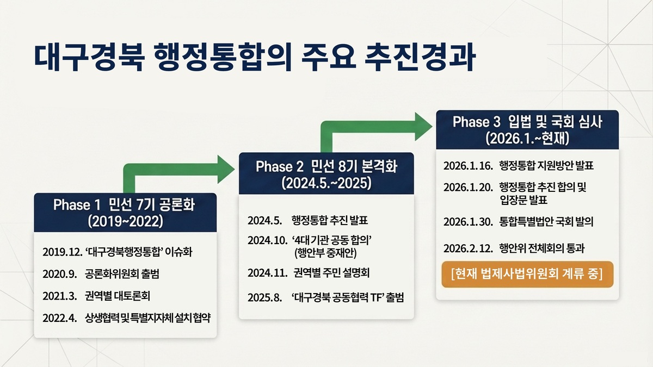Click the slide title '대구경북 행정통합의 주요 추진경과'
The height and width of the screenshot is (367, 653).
click(x=255, y=58)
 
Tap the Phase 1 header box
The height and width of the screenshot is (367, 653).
click(x=125, y=213)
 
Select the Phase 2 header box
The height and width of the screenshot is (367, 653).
click(x=326, y=173)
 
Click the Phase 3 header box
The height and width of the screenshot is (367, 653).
click(x=527, y=130)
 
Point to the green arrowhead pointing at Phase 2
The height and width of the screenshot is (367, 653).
click(x=226, y=169)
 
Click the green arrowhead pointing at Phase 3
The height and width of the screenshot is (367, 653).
click(x=423, y=127)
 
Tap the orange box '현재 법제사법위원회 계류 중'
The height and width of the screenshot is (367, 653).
click(x=527, y=275)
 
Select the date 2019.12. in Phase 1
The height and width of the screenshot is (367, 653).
click(x=63, y=252)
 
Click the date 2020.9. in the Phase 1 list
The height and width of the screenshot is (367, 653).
click(x=60, y=274)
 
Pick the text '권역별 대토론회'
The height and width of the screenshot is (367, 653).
click(x=118, y=296)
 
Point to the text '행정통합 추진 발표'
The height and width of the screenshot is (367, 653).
click(x=330, y=220)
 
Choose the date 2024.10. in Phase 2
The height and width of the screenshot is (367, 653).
click(x=268, y=240)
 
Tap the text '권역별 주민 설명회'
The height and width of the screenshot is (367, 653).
click(x=332, y=273)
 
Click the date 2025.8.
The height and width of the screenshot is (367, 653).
click(x=265, y=298)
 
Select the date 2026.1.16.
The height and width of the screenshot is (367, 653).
click(x=468, y=166)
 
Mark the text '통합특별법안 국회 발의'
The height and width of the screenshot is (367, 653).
click(x=546, y=222)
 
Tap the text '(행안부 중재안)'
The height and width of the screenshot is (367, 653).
click(x=325, y=253)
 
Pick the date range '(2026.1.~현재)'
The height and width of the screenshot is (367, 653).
click(x=527, y=139)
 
